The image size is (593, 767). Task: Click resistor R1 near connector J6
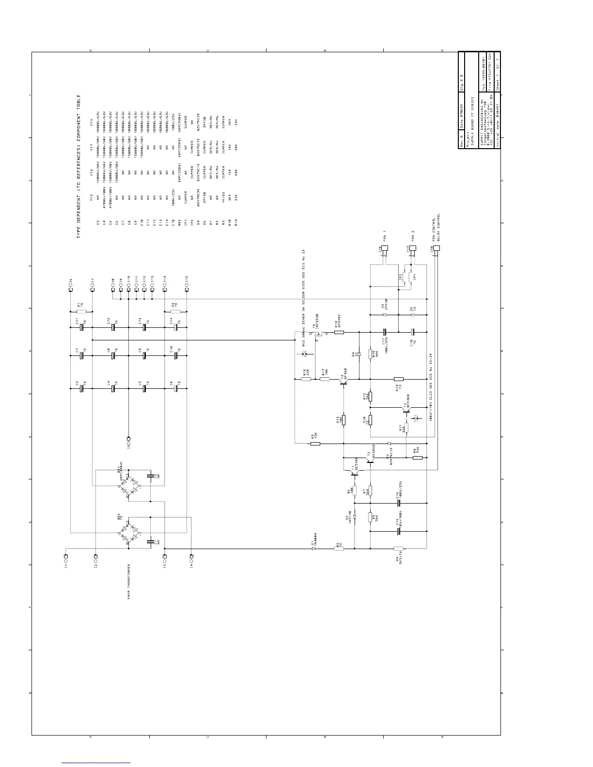click(81, 312)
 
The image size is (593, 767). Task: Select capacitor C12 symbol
click(113, 327)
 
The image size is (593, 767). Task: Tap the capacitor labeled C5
click(144, 388)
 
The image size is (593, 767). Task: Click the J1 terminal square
click(66, 556)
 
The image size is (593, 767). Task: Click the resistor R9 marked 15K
click(315, 443)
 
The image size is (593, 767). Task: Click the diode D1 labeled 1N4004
click(314, 548)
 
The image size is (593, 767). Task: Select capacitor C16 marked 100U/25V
click(398, 503)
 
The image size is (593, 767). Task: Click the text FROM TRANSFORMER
click(129, 581)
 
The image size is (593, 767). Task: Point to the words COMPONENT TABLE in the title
click(78, 116)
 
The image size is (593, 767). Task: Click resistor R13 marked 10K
click(343, 419)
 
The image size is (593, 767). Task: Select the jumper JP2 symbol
click(402, 278)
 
